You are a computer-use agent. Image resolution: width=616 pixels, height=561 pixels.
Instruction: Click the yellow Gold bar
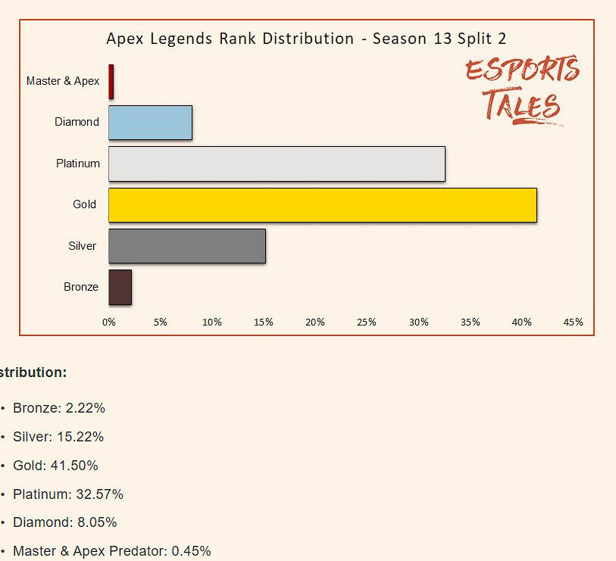coord(322,205)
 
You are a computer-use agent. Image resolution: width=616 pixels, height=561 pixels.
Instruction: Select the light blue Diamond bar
coord(150,123)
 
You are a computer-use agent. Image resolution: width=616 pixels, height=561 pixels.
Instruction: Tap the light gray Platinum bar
coord(277,164)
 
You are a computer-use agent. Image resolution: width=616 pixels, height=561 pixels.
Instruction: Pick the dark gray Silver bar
coord(186,246)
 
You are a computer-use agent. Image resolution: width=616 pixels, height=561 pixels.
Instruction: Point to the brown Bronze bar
coord(120,287)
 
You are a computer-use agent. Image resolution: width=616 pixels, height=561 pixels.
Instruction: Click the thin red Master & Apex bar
coord(111,81)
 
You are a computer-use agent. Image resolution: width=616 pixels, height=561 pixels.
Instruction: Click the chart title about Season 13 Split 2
coord(306,39)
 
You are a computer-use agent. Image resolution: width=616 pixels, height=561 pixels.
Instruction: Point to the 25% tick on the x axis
coord(367,323)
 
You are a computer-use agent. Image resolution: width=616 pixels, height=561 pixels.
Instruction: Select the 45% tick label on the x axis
coord(573,323)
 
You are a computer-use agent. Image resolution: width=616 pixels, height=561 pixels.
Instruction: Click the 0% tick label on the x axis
coord(109,323)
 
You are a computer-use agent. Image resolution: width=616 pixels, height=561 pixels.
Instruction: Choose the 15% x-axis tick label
coord(264,323)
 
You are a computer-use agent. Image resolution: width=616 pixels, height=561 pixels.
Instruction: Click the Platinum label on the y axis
coord(78,164)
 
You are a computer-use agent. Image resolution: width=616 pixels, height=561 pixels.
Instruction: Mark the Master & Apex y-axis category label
coord(63,81)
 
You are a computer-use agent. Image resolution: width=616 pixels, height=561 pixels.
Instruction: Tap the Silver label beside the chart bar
coord(82,246)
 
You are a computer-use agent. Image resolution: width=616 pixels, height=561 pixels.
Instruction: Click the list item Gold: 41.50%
coord(55,466)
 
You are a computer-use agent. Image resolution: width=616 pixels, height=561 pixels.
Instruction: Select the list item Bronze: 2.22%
coord(58,408)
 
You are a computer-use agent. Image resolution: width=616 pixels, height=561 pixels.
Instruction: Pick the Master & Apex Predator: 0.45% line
coord(111,551)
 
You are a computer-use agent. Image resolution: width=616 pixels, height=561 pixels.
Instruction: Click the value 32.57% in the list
coord(99,494)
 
